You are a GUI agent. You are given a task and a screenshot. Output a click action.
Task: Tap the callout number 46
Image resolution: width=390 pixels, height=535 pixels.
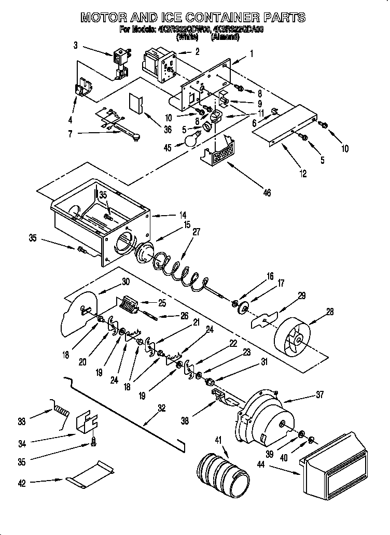(267, 193)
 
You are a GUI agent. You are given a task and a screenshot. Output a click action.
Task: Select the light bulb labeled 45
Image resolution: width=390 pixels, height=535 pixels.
(192, 139)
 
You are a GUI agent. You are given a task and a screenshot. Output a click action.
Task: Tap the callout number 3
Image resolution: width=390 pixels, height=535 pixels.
(76, 46)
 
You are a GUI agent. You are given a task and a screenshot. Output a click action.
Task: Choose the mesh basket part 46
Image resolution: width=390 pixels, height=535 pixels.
(222, 152)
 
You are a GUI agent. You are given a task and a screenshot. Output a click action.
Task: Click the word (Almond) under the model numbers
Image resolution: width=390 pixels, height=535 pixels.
(225, 37)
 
